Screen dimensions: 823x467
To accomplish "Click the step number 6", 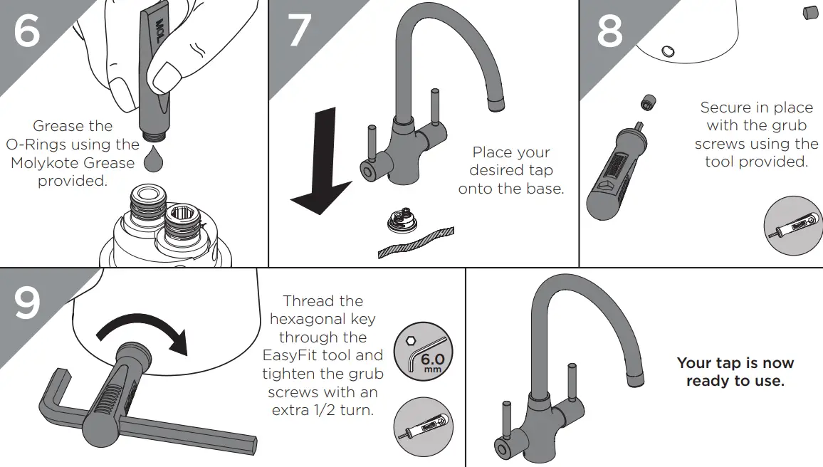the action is click(27, 32).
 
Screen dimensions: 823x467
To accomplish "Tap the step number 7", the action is click(300, 32).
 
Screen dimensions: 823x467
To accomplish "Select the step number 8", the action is click(609, 32).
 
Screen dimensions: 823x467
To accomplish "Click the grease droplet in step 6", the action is click(154, 160).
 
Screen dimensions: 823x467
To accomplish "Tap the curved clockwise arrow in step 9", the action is click(143, 333).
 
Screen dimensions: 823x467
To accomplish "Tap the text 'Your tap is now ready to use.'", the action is click(735, 372).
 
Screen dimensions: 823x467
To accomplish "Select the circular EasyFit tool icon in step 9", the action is click(423, 427).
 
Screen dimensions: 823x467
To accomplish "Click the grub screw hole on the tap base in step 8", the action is click(667, 51).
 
